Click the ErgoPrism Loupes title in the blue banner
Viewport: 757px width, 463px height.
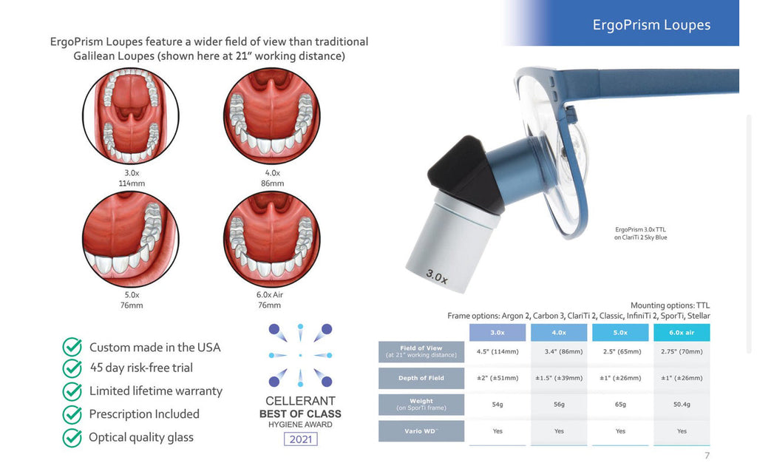coord(651,25)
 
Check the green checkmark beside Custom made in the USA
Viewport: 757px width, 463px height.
coord(72,347)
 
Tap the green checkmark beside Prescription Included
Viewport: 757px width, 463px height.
coord(72,414)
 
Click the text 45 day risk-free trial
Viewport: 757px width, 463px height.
coord(141,368)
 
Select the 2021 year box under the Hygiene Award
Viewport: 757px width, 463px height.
coord(300,439)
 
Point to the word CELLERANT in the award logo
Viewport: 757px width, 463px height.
coord(300,401)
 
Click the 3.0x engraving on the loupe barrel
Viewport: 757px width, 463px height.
coord(437,277)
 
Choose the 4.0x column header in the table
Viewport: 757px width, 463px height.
coord(558,333)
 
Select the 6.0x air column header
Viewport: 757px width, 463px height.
coord(682,333)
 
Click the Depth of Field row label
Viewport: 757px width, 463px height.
coord(421,378)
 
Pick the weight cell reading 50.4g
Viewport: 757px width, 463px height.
coord(682,405)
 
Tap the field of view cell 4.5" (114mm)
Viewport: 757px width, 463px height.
coord(497,351)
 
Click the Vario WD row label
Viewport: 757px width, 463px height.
coord(421,430)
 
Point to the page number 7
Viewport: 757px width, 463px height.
coord(707,456)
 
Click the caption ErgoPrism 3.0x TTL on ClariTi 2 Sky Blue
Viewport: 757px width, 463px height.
coord(640,233)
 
